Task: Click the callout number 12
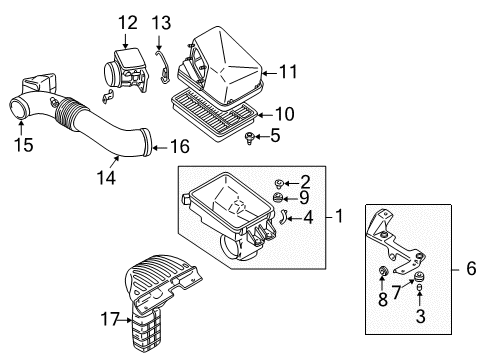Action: point(126,22)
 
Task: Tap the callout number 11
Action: point(288,71)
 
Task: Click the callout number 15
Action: point(22,145)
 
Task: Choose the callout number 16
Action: point(179,146)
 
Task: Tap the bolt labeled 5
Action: point(248,136)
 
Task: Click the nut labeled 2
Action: point(279,182)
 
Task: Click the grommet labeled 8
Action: point(383,274)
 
